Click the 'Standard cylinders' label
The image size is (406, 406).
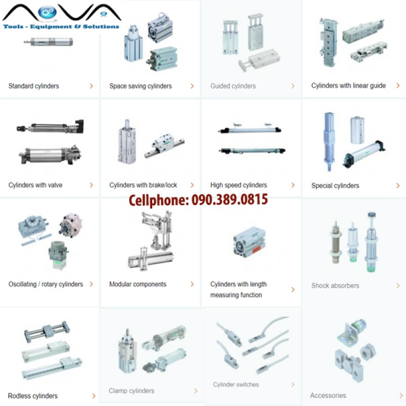tap(33, 86)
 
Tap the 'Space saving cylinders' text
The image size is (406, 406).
tap(141, 86)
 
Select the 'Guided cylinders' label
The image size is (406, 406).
tap(233, 86)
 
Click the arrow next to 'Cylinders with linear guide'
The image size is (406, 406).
tap(398, 85)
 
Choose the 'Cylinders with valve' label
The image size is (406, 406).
tap(35, 185)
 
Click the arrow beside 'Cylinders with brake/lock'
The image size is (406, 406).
tap(192, 185)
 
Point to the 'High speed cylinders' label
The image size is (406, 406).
tap(239, 185)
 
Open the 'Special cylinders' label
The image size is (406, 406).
tap(335, 186)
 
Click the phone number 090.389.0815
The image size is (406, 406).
tap(229, 199)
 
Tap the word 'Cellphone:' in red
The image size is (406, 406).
tap(159, 200)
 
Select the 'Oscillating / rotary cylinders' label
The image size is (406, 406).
tap(46, 284)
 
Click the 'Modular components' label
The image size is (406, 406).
tap(138, 284)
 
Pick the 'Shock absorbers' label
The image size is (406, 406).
tap(335, 286)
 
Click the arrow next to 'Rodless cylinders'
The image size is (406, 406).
tap(94, 396)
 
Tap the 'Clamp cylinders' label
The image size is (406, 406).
tap(131, 391)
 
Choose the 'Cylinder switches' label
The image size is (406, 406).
tap(235, 385)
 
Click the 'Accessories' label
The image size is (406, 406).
tap(328, 395)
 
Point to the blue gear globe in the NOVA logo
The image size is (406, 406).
tap(47, 12)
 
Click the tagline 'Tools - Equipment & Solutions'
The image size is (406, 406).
tap(61, 26)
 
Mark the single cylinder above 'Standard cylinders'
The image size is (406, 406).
tap(48, 42)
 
